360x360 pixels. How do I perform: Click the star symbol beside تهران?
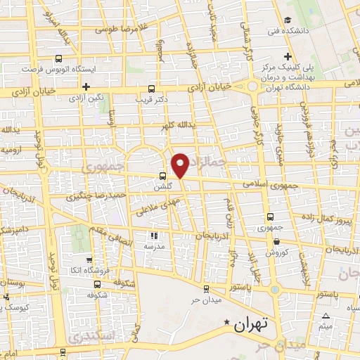pos(226,323)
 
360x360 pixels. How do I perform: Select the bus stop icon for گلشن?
pos(162,176)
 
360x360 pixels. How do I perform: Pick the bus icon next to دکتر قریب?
pos(150,89)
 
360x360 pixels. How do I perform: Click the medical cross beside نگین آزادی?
pos(86,87)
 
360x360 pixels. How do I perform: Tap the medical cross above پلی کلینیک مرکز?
pos(287,56)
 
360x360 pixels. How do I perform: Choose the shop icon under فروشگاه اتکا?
pos(96,284)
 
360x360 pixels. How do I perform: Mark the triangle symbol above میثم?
pos(325,315)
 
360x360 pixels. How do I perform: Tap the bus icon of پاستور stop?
pos(205,288)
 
